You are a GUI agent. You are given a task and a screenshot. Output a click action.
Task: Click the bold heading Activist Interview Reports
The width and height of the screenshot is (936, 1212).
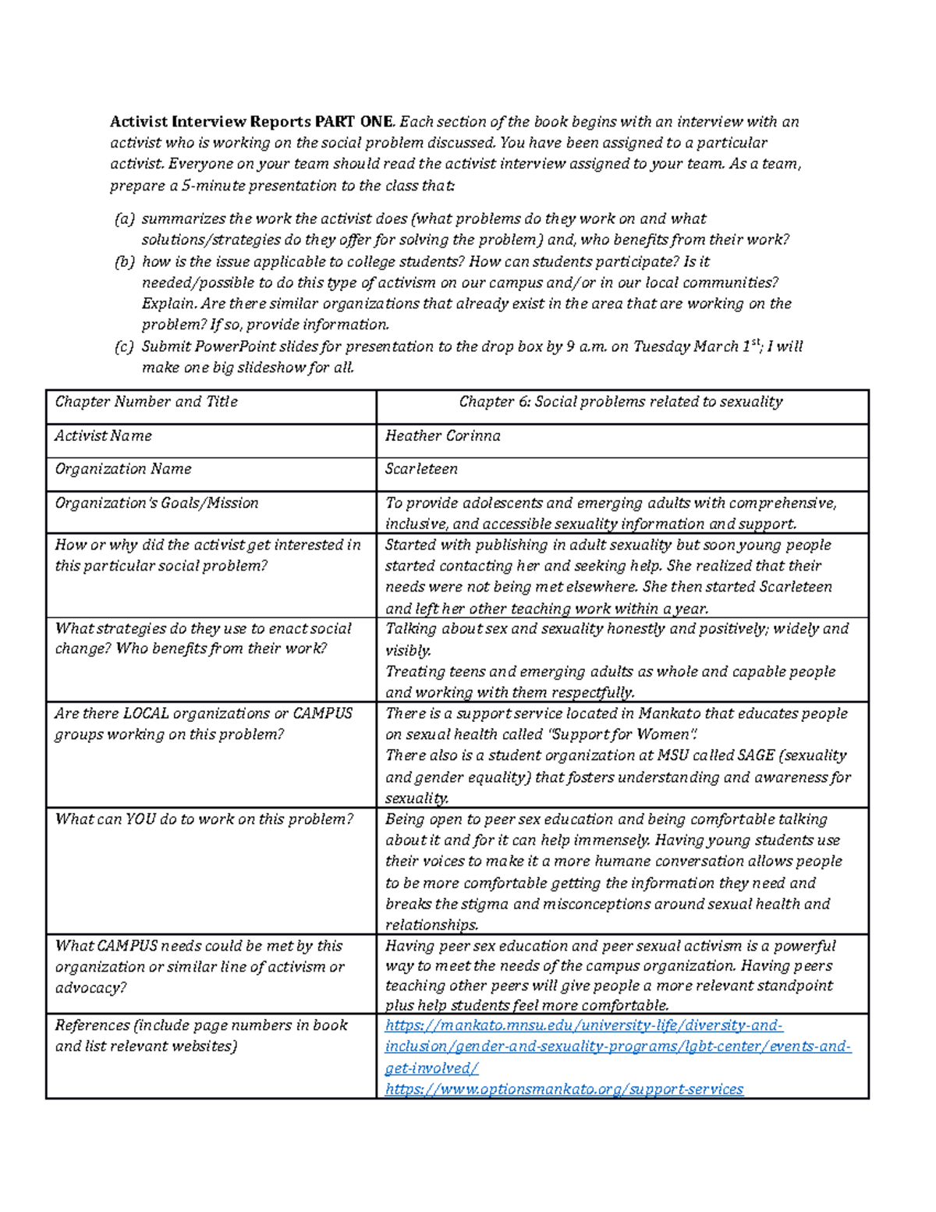[x=211, y=122]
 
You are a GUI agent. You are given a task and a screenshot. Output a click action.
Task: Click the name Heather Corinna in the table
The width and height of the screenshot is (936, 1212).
[x=442, y=435]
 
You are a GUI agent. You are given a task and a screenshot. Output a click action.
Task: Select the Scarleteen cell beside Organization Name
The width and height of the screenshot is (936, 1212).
[x=421, y=469]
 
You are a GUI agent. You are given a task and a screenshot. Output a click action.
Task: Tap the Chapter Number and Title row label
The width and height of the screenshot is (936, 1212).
[x=146, y=402]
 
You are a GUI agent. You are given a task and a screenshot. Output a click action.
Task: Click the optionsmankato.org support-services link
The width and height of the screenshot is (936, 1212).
[x=564, y=1089]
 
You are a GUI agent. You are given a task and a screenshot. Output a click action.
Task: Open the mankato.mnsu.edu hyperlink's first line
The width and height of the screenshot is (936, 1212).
[x=583, y=1025]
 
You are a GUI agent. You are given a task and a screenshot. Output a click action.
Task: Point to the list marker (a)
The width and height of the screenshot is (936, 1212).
[x=125, y=219]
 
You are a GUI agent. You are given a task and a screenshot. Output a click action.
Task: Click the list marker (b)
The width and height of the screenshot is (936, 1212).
[x=125, y=262]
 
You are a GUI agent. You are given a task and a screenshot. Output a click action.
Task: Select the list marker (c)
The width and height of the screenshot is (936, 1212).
[x=125, y=347]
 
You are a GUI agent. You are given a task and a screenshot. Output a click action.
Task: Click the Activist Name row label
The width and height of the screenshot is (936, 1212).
[x=103, y=435]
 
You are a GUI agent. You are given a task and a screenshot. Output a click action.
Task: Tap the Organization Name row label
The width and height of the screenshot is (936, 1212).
[x=122, y=469]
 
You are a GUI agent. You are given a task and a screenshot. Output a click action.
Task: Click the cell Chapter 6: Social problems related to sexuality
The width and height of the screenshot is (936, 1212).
[x=620, y=402]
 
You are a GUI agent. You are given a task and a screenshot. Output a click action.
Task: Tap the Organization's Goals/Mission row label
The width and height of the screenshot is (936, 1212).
[x=156, y=503]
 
